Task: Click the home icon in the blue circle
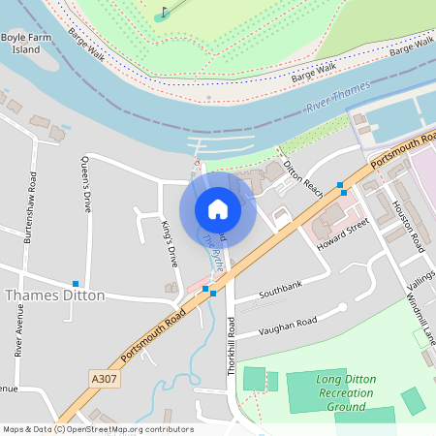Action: pyautogui.click(x=218, y=209)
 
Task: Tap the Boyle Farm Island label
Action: pyautogui.click(x=26, y=43)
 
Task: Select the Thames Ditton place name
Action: pyautogui.click(x=55, y=296)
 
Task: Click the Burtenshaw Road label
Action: pyautogui.click(x=33, y=208)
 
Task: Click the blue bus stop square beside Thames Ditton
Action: pyautogui.click(x=76, y=283)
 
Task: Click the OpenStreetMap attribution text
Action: pyautogui.click(x=98, y=429)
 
